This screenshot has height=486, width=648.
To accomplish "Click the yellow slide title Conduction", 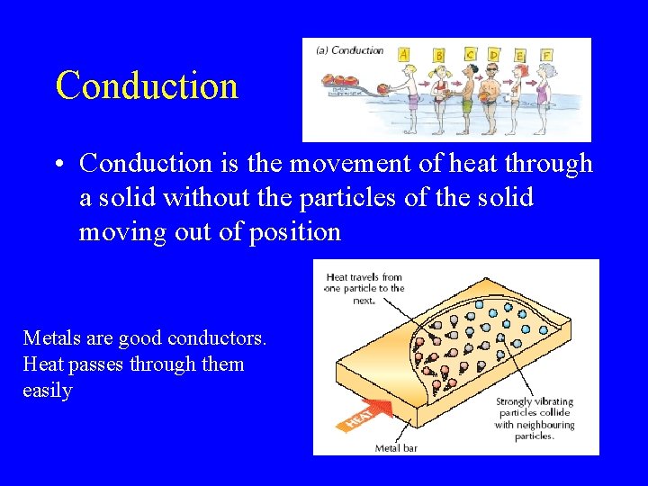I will [147, 85].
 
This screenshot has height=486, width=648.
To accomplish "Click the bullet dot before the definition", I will [57, 165].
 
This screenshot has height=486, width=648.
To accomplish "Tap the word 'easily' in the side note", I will [47, 391].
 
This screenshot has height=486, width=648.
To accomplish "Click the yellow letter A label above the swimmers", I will [404, 54].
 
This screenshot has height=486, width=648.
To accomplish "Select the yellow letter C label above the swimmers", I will [470, 55].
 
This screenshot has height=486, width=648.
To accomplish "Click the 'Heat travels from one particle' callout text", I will [364, 289].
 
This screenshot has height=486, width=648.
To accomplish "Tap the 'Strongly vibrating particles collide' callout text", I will [533, 418].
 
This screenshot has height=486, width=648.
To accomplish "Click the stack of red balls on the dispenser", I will [342, 89].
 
